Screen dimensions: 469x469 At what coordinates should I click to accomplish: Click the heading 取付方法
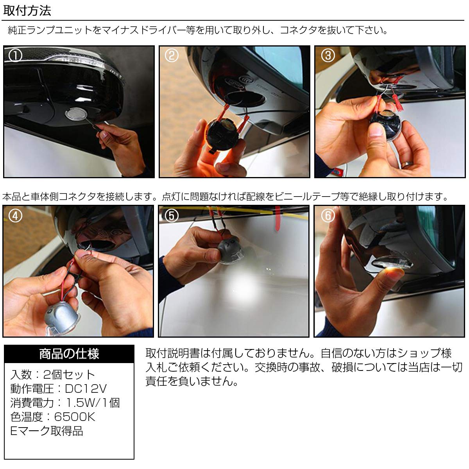(27, 11)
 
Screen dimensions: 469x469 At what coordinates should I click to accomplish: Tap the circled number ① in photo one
(15, 55)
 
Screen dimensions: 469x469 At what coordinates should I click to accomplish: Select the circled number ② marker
(172, 55)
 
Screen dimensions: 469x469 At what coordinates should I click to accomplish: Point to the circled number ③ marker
(328, 55)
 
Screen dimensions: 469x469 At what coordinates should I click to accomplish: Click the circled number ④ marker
(15, 216)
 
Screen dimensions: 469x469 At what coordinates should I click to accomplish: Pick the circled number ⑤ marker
(172, 216)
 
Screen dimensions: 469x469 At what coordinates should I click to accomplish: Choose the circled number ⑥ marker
(328, 216)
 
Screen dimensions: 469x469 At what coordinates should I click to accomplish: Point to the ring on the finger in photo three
(407, 165)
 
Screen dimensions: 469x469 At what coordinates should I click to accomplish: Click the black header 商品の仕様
(69, 354)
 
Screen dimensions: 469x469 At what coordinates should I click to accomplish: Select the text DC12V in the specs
(86, 388)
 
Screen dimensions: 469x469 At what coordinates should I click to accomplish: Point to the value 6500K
(75, 417)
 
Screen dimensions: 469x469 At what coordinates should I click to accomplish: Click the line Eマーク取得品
(47, 431)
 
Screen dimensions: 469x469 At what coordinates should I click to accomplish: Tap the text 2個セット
(69, 374)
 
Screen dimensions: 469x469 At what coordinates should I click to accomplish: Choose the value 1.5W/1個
(93, 403)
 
